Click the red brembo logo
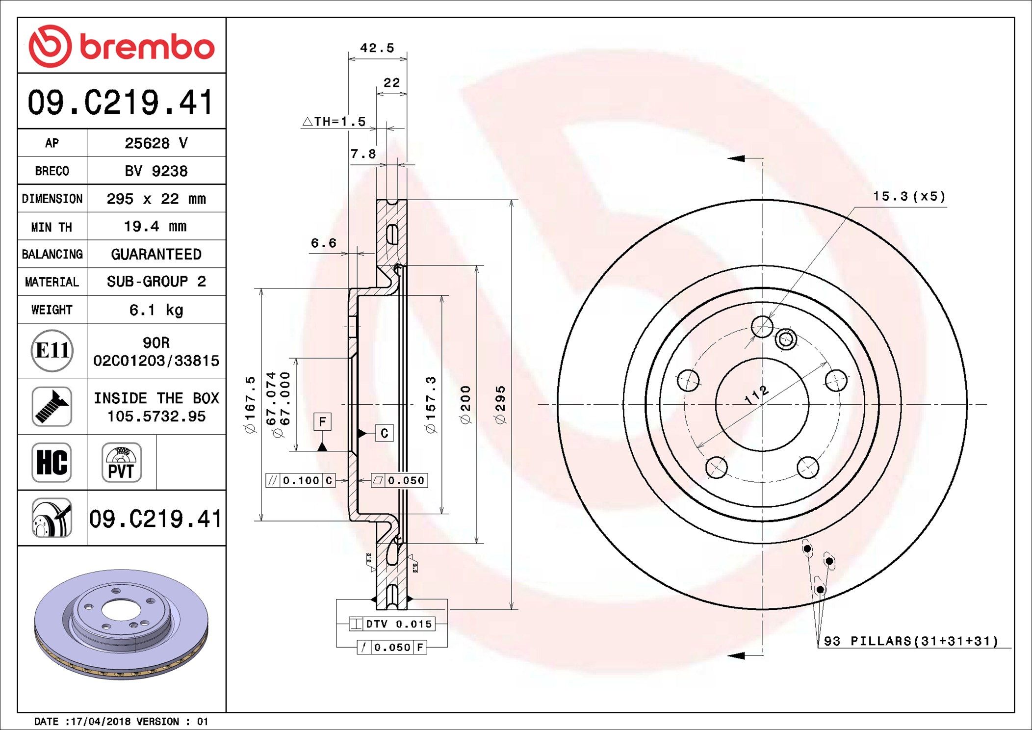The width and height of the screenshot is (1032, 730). coord(121,46)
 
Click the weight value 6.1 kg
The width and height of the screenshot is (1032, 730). coord(156,310)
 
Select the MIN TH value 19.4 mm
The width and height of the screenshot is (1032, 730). coord(155,227)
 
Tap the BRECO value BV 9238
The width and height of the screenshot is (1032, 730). coord(156,171)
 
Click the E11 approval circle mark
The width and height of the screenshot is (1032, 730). coord(52,350)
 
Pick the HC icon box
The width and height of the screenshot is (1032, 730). coord(52,462)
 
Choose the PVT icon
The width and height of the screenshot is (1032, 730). coord(121,462)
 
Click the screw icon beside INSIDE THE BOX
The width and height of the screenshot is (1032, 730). coord(52,406)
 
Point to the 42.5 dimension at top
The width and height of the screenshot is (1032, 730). coord(377,48)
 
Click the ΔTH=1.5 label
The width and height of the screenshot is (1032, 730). coord(335,121)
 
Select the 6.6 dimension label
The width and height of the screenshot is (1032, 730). coord(324,243)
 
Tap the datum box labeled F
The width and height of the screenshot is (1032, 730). coord(322,421)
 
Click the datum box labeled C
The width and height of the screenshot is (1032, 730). coord(384,433)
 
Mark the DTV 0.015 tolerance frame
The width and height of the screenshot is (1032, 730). coord(392,624)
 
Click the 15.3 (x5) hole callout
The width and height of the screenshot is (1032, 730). coord(909,197)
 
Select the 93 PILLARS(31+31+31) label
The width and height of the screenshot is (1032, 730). coord(911,641)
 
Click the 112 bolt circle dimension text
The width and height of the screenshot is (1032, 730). coord(756,395)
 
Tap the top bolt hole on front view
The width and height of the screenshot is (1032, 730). coord(762,327)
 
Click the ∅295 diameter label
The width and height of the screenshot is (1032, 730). coord(500,405)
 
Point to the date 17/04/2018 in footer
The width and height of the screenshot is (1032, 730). coord(102,722)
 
